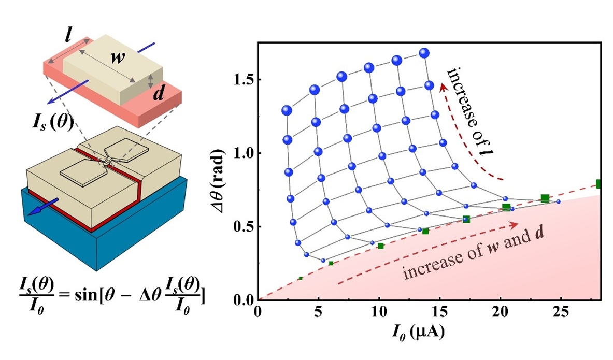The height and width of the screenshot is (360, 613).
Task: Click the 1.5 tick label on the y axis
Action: (x=244, y=80)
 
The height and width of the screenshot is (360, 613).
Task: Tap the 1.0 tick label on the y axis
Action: (x=244, y=153)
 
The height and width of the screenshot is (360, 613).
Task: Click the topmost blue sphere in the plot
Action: (x=424, y=53)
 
